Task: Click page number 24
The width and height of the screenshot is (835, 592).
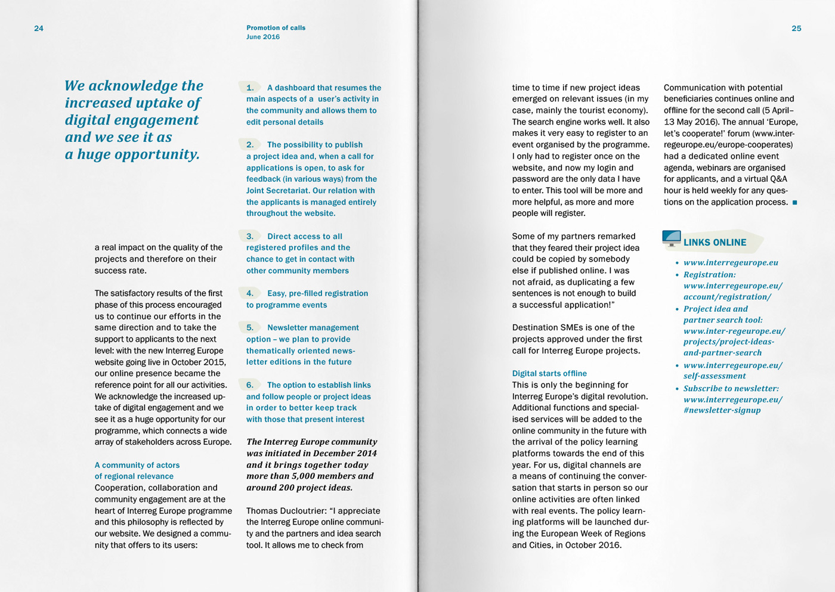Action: point(39,29)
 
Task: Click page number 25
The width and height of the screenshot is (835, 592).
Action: point(796,29)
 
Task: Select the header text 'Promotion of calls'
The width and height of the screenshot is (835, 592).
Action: point(276,28)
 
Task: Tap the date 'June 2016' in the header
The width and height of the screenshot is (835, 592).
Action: point(263,37)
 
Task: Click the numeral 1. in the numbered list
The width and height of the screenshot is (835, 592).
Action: point(250,88)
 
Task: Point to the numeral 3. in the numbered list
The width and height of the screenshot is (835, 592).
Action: point(250,236)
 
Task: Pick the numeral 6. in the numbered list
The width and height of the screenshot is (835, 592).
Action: point(250,385)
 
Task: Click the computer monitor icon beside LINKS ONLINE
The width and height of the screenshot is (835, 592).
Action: point(672,238)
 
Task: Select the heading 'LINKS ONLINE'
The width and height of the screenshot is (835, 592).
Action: point(715,243)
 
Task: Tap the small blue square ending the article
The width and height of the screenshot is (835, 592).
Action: point(794,203)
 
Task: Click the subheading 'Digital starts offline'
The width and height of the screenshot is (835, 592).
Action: point(549,374)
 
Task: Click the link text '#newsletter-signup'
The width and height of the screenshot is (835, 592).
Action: point(722,410)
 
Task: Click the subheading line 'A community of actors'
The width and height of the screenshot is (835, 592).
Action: point(137,465)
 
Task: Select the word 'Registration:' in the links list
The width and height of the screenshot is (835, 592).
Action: point(710,275)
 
